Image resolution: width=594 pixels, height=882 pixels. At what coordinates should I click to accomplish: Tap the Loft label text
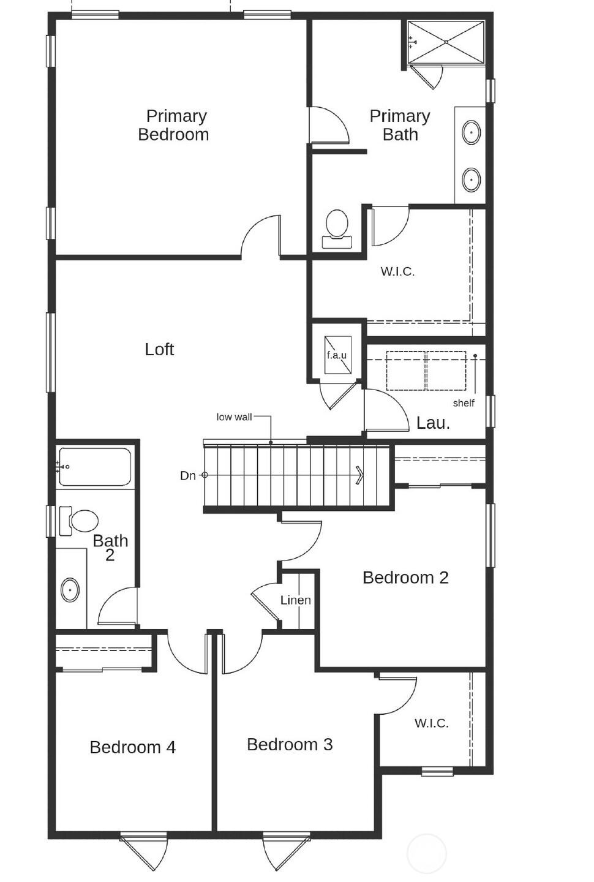pos(159,349)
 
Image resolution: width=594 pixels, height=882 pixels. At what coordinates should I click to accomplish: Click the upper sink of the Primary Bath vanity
pos(471,132)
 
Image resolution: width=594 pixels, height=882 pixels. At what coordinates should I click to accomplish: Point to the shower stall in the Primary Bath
pos(446,42)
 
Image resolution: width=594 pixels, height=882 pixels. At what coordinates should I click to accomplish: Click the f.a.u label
pos(336,355)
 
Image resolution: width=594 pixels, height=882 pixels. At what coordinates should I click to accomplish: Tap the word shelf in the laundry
pos(464,403)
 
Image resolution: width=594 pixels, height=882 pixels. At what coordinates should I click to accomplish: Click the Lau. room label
pos(433,423)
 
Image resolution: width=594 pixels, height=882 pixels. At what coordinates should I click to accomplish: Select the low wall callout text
pos(234,417)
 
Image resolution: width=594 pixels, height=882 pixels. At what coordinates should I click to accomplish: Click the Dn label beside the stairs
pos(187,475)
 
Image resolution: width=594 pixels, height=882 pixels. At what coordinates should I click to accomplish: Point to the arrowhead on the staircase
pos(359,475)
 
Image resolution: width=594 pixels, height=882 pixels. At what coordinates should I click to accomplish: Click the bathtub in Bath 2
pos(94,467)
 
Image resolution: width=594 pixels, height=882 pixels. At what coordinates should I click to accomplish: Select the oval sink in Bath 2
pos(70,590)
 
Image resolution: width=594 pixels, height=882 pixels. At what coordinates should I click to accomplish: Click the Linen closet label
pos(295,600)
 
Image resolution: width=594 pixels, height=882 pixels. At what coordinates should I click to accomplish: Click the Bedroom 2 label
pos(405,578)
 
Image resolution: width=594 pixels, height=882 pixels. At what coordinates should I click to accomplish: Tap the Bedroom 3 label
pos(290,744)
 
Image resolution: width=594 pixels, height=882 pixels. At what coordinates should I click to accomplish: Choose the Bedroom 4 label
pos(132,747)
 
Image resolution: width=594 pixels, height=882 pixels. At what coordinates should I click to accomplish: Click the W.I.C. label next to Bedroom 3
pos(431,723)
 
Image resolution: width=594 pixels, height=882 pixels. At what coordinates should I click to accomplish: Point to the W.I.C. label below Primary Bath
pos(397,271)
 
